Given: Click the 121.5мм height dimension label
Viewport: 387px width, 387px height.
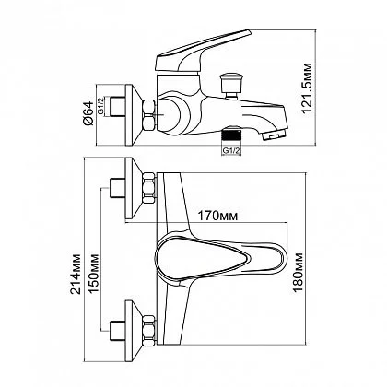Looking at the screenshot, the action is pos(307,88).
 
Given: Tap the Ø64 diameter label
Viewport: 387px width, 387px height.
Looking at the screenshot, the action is pos(88,113).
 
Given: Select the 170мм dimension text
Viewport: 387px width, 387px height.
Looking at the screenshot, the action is pos(217,216).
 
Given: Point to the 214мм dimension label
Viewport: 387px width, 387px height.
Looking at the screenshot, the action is pos(76,274).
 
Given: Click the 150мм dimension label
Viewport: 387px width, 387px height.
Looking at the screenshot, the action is pos(94,274).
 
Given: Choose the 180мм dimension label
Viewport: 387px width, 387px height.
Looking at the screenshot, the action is pos(298,272).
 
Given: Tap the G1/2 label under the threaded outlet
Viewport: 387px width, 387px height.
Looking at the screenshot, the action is pos(231,150).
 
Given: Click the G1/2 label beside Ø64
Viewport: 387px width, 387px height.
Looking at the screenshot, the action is pos(100,106).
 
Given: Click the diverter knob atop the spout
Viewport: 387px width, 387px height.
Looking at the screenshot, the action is pos(231,85).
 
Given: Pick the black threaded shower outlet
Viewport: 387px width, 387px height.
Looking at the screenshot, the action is pos(231,135).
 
